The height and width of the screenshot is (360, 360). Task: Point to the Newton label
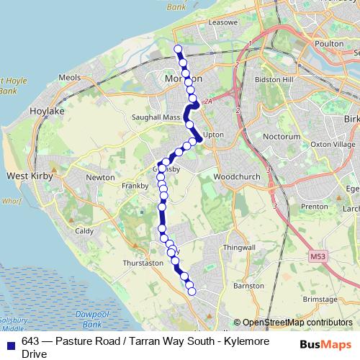[100, 177]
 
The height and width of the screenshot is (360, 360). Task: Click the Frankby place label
[135, 185]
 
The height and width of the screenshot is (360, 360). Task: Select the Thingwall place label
[240, 248]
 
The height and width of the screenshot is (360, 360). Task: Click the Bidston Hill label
[279, 78]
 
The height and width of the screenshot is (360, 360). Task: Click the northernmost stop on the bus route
[179, 50]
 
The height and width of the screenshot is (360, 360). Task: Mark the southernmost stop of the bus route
[192, 290]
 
